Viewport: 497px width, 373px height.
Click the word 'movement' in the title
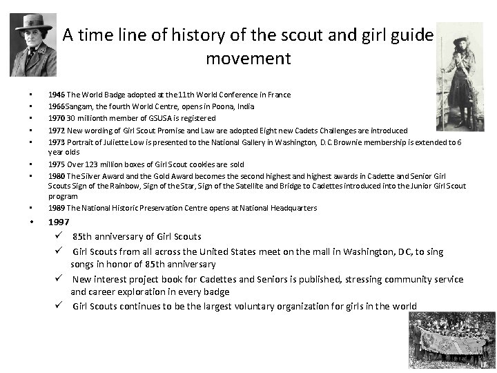tap(248, 58)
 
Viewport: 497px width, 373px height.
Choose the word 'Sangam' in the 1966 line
tap(79, 106)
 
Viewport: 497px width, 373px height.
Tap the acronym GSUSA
tap(153, 118)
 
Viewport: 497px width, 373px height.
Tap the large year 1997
tap(59, 222)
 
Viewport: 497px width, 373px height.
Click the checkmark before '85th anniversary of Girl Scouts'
tap(61, 236)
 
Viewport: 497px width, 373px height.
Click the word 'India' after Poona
tap(245, 106)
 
